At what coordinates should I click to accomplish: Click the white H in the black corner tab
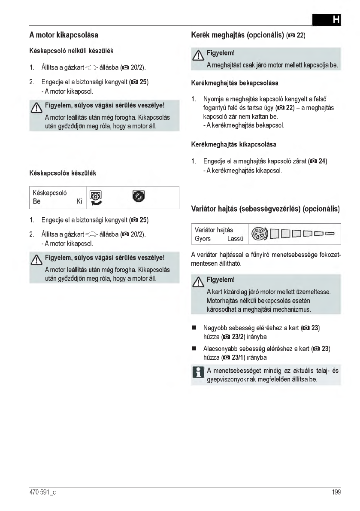tap(336, 20)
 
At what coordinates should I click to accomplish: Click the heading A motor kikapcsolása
tap(67, 34)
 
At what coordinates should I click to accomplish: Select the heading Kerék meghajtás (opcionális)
tap(237, 34)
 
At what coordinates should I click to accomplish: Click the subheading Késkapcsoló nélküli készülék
tap(71, 51)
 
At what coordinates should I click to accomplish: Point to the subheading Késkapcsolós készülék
tap(63, 173)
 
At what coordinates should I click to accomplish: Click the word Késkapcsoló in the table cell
tap(50, 193)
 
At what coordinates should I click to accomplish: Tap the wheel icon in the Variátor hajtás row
tap(260, 234)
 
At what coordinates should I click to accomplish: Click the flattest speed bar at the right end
tap(330, 234)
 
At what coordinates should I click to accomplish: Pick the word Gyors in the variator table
tap(203, 238)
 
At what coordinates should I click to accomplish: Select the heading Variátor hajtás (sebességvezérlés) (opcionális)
tap(266, 209)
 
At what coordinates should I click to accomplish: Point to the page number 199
tap(336, 493)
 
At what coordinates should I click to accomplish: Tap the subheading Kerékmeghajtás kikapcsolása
tap(234, 144)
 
